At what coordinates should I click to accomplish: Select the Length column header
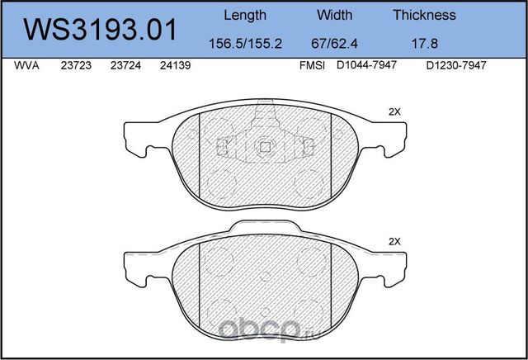click(245, 15)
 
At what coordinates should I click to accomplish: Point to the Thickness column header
click(424, 15)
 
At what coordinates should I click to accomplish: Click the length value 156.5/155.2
click(245, 41)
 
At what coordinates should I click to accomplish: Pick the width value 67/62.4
click(335, 41)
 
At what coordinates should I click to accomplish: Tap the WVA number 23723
click(76, 69)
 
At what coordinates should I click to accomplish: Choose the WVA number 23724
click(125, 69)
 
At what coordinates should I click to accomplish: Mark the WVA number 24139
click(176, 69)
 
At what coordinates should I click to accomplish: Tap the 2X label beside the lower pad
click(394, 242)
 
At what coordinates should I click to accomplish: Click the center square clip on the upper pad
click(265, 147)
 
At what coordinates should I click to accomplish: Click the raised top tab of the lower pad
click(265, 228)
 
